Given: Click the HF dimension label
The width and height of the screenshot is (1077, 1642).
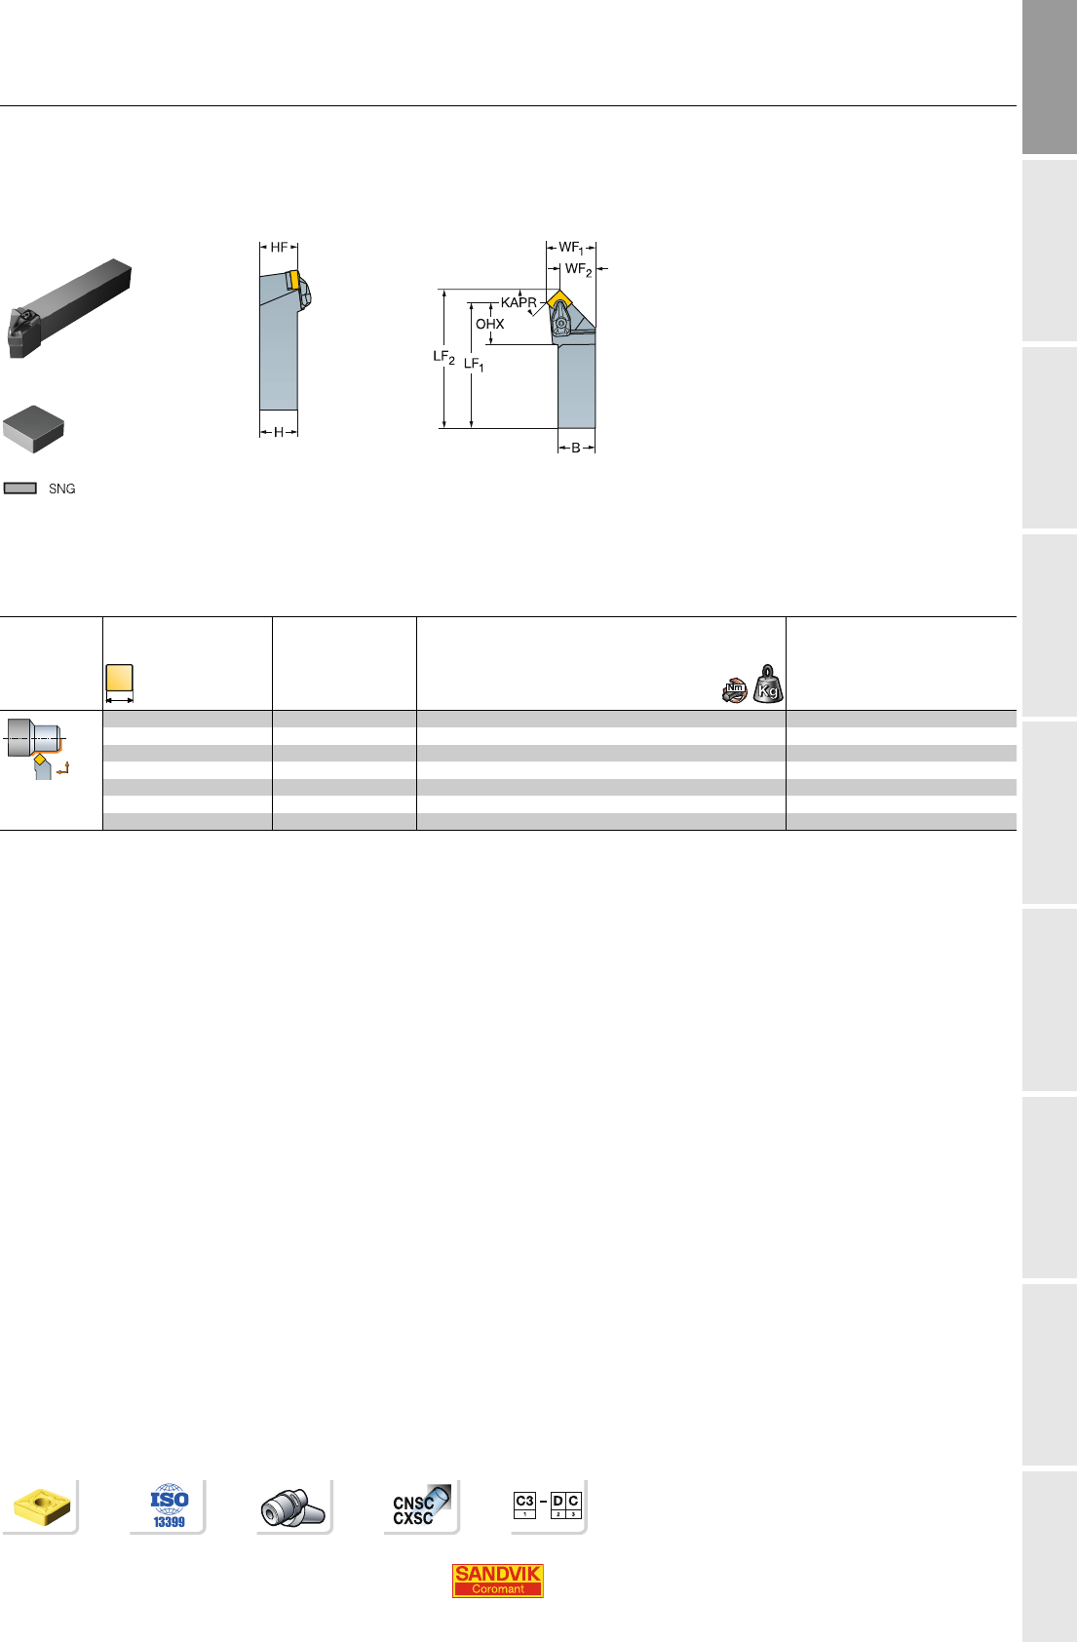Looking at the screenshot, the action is pyautogui.click(x=279, y=248).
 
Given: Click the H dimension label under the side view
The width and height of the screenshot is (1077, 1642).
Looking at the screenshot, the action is pyautogui.click(x=279, y=433).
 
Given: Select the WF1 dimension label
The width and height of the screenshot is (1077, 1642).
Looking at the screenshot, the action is pyautogui.click(x=571, y=249).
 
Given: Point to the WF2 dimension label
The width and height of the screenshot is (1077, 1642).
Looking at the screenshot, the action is pyautogui.click(x=578, y=270).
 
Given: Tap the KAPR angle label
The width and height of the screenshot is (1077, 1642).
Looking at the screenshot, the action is pyautogui.click(x=519, y=302).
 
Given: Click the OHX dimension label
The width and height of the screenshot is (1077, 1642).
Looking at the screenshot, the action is pyautogui.click(x=490, y=324).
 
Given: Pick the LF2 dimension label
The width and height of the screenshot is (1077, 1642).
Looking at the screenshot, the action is pyautogui.click(x=444, y=357).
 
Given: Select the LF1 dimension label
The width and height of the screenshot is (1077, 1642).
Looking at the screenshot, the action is pyautogui.click(x=474, y=365).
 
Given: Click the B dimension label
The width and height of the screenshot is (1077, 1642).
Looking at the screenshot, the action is pyautogui.click(x=576, y=448).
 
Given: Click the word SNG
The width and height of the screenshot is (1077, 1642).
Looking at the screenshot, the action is pyautogui.click(x=62, y=489).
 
